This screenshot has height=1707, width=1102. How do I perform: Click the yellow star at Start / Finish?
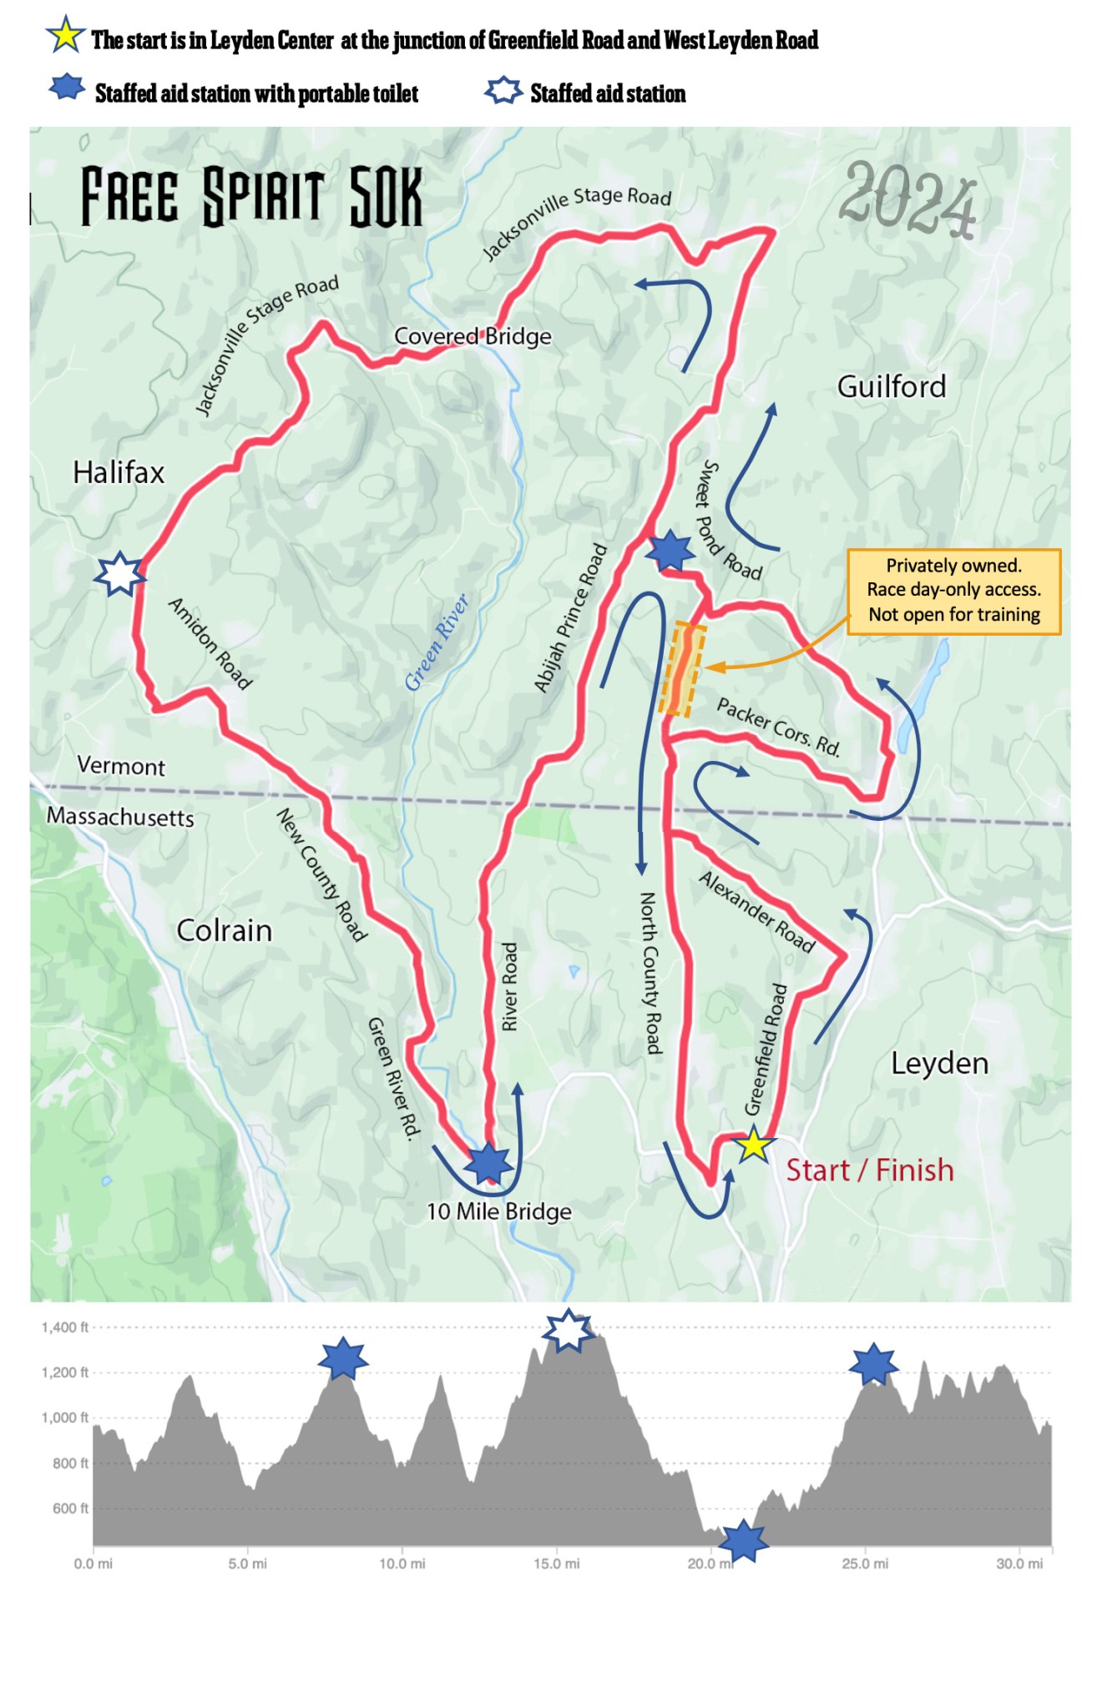pos(753,1144)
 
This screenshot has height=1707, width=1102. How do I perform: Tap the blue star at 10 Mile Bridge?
pos(488,1163)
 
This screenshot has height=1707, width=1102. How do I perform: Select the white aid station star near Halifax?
pos(120,574)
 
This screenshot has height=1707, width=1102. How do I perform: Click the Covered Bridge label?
pos(473,336)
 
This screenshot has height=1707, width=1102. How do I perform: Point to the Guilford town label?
pos(892,386)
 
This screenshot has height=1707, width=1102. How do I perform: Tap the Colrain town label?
pos(224,930)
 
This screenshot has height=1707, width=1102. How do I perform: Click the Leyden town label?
pos(939,1063)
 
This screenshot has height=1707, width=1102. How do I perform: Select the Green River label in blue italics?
pos(437,642)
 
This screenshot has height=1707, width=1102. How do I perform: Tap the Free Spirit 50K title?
pos(251,197)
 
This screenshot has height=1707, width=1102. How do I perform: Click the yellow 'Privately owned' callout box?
pos(953,591)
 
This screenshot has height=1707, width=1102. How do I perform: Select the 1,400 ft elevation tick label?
pos(64,1327)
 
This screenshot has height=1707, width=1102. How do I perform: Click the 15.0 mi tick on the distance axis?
pos(556,1563)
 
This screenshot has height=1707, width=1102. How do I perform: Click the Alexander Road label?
pos(756,911)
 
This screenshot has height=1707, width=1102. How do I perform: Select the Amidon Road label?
pos(210,643)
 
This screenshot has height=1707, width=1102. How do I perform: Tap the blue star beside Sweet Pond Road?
pos(670,551)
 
